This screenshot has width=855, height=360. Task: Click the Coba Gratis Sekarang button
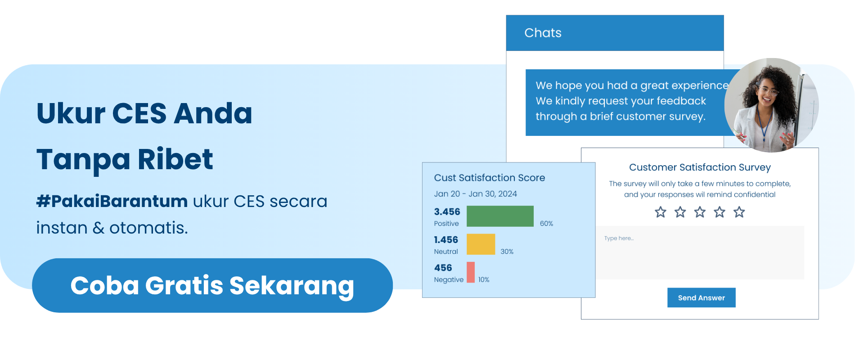coord(212,285)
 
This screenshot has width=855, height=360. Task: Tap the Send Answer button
coord(701,297)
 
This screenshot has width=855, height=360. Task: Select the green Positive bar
coord(500,216)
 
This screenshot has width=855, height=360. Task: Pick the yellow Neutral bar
coord(481,244)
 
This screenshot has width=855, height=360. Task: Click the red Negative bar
coord(471,272)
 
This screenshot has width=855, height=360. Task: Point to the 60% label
coord(546,224)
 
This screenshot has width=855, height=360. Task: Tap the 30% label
coord(507,252)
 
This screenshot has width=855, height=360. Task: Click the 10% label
coord(484,279)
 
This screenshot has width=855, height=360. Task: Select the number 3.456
coord(447,211)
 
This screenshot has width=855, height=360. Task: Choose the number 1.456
coord(446,240)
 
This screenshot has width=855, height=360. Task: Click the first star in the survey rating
coord(660,212)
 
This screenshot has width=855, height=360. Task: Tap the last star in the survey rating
coord(739,212)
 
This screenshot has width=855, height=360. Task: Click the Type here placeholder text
coord(619,238)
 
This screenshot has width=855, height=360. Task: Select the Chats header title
coord(543,33)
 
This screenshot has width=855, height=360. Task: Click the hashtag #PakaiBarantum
coord(112,201)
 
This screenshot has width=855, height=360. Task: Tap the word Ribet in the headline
coord(175,159)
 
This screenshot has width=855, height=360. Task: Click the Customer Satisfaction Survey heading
coord(700,167)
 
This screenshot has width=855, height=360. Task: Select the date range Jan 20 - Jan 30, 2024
coord(475,194)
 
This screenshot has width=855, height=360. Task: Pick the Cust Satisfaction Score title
coord(489,178)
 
